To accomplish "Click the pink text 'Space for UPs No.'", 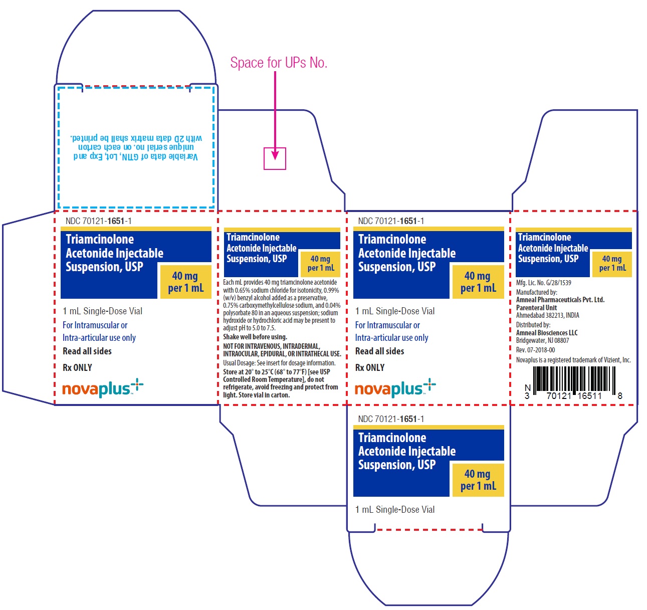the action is [x=279, y=62].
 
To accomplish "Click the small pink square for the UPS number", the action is [x=275, y=158].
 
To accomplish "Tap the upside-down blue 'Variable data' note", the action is [x=136, y=147].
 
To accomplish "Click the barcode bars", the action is [x=574, y=378].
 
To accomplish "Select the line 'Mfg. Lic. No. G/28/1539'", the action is [x=543, y=283].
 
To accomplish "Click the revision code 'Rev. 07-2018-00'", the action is [x=535, y=350].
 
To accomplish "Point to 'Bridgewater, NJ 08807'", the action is [x=542, y=340].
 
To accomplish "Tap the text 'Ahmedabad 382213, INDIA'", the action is [x=547, y=315].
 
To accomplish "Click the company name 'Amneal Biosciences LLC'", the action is [x=547, y=333].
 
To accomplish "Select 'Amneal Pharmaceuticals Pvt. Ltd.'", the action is [x=560, y=299].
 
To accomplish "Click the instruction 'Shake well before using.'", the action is [x=255, y=337].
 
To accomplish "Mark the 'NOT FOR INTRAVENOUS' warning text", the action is [x=282, y=350].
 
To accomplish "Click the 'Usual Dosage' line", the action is [x=279, y=363].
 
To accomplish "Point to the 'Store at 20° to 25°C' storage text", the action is [x=281, y=383].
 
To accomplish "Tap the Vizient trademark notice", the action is [x=573, y=360].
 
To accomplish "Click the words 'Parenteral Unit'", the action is [x=536, y=307].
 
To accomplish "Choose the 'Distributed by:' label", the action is [x=533, y=325].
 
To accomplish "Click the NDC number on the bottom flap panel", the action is [x=390, y=419].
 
